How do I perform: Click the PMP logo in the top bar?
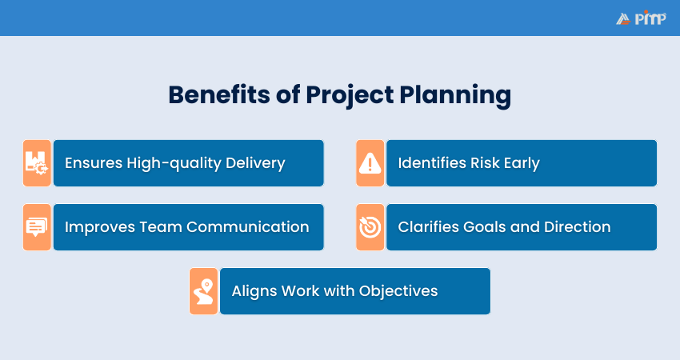pos(641,18)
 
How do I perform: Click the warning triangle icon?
pos(370,163)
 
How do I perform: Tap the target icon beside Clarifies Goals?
pos(370,227)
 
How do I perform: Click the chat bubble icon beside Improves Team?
pos(37,227)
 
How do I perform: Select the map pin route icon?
pos(203,291)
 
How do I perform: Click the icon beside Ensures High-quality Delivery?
pos(37,163)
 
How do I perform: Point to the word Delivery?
pos(256,163)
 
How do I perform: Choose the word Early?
pos(521,163)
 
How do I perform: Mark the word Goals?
pos(484,227)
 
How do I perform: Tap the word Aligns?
pos(253,291)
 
